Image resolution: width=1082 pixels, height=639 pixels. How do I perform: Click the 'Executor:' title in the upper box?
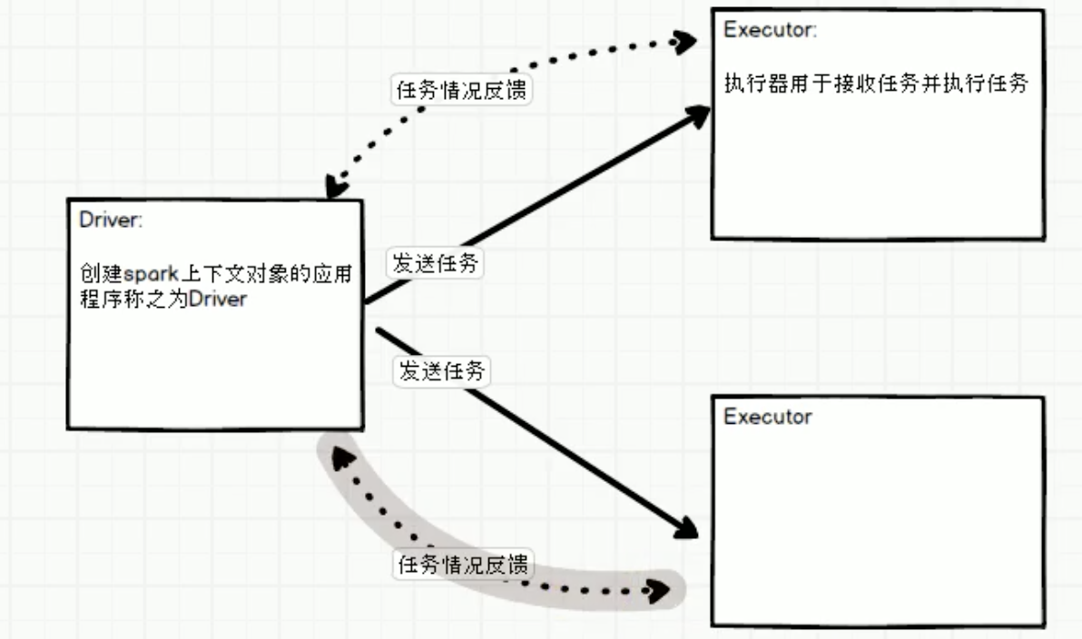770,30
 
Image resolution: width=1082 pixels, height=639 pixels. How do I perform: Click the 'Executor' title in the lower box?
767,418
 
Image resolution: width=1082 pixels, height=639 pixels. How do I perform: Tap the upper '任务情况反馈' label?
461,90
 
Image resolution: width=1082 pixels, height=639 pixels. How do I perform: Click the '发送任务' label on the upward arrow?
435,263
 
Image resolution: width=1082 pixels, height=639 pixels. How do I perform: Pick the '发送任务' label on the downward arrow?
442,371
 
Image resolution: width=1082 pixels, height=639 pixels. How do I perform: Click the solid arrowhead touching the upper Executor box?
700,115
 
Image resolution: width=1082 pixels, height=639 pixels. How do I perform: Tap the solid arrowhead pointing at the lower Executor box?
689,526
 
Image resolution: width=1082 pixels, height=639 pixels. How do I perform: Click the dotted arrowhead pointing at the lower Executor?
654,591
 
